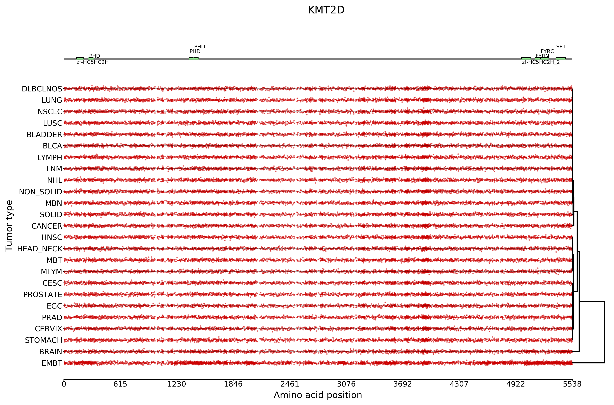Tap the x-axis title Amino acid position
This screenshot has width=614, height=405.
click(318, 395)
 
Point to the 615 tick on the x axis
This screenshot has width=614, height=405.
click(120, 384)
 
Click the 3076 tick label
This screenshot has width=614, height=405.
click(346, 384)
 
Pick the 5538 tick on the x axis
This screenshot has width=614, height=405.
click(572, 384)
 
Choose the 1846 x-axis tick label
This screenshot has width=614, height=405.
click(233, 384)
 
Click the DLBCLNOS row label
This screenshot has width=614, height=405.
click(42, 89)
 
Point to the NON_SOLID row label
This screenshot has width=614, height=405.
click(41, 192)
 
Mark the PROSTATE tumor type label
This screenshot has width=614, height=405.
click(43, 295)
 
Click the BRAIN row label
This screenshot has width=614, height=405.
click(51, 352)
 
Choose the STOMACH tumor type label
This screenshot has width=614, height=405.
click(43, 340)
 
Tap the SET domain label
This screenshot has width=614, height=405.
click(561, 47)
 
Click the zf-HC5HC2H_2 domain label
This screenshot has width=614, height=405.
click(541, 62)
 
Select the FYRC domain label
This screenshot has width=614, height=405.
click(547, 51)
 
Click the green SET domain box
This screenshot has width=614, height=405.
click(561, 58)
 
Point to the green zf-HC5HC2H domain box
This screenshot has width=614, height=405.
click(80, 58)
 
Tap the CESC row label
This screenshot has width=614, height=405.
click(52, 283)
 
